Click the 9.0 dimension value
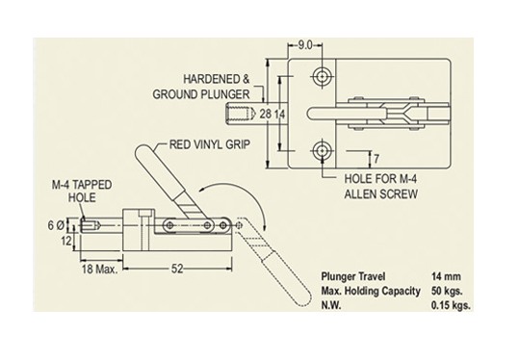[x=305, y=45]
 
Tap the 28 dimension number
[x=265, y=115]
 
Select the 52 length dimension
[x=177, y=269]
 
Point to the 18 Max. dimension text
[x=99, y=269]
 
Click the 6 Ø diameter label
[x=56, y=225]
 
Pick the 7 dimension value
[x=376, y=159]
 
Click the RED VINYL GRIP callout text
[x=210, y=144]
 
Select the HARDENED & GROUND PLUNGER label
[x=201, y=87]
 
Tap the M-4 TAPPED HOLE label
[x=82, y=192]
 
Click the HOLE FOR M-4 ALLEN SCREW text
[x=380, y=187]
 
